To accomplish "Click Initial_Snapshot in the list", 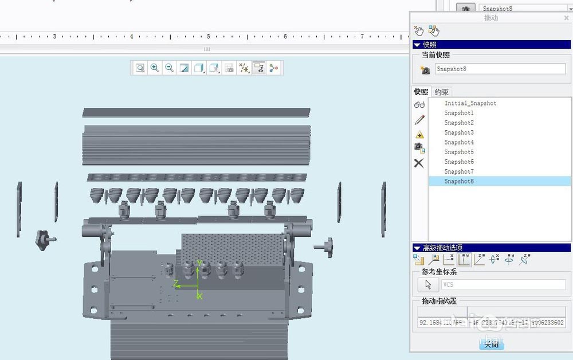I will coord(470,103).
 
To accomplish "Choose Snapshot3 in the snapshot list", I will coord(458,132).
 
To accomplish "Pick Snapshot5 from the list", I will coord(458,152).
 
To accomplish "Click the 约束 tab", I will coord(441,92).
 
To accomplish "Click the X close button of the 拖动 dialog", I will coord(566,18).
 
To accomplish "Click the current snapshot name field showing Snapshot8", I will coord(499,69).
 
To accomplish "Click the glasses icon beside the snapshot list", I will coord(419,104).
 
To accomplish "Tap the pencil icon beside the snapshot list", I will coord(419,119).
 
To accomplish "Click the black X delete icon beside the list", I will coord(419,163).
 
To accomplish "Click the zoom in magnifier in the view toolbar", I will coord(155,68).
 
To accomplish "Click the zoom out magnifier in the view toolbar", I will coord(170,68).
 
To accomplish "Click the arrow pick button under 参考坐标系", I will coord(427,284).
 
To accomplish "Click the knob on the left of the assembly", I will coord(44,239).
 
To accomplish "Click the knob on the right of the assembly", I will coord(325,246).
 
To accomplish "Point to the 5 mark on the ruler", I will coord(208,36).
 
